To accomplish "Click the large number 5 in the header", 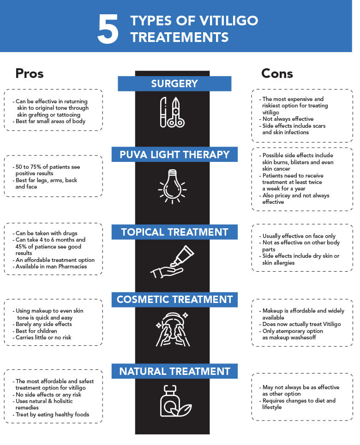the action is pos(108,29).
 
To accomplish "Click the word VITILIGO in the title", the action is pos(228,21).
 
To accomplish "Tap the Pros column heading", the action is pos(30,73).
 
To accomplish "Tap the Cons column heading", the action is pos(277,73).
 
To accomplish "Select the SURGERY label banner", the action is pos(174,84).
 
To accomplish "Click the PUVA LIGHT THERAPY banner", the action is pos(174,154).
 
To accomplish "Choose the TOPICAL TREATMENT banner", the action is pos(174,232).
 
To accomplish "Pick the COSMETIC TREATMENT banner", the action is pos(174,299).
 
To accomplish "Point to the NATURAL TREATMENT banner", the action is pos(174,371).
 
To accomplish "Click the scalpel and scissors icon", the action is pos(172,112).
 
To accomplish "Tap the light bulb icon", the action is pos(172,186).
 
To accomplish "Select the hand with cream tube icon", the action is pos(172,261).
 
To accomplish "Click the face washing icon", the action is pos(173,330).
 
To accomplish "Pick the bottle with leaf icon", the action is pos(175,401).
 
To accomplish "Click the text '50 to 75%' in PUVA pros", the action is pos(28,167).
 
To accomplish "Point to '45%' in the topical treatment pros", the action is pos(20,247).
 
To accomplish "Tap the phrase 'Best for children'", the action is pos(36,331).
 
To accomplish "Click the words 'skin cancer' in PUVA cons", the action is pos(276,169).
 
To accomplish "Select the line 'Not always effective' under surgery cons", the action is pos(288,119).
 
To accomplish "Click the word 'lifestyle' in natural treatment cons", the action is pos(272,407).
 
